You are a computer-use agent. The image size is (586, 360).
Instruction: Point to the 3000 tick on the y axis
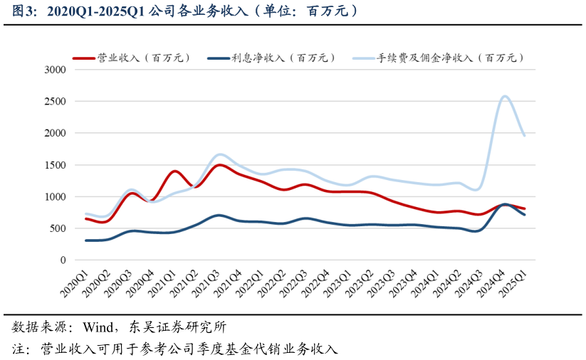tap(55, 70)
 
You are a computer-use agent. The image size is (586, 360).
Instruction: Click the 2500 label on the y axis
tap(55, 102)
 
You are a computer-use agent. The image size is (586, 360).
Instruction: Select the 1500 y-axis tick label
tap(55, 165)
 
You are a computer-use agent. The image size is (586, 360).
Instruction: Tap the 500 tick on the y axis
tap(58, 228)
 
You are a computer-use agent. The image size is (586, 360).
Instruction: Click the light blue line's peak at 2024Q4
tap(504, 96)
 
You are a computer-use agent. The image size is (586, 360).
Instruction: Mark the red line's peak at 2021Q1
tap(174, 171)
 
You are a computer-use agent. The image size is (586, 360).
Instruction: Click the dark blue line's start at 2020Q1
tap(86, 240)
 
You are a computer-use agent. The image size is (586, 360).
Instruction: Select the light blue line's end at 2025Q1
tap(525, 135)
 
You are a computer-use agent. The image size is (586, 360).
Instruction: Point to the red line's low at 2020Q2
tap(105, 222)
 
